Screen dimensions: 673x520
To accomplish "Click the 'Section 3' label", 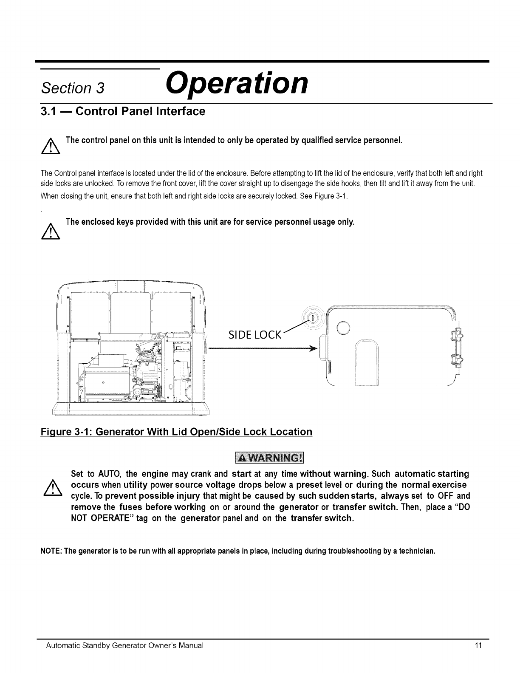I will coord(72,88).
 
